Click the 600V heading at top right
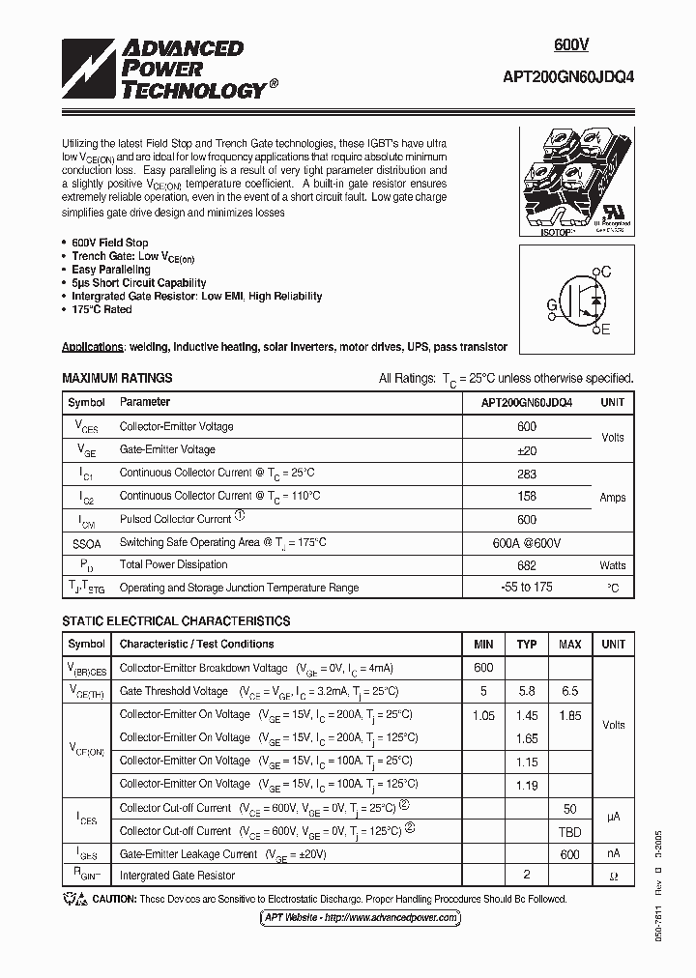coord(571,45)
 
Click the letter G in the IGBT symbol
coord(552,306)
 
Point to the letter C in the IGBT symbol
coord(606,273)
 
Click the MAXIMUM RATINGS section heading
coord(117,378)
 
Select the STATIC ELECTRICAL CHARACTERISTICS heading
coord(176,621)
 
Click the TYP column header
coord(526,645)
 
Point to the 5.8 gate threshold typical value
coord(526,692)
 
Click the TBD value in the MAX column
coord(569,831)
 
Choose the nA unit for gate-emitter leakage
coord(613,854)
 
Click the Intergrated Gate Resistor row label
coord(177,876)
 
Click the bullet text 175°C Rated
coord(101,309)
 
